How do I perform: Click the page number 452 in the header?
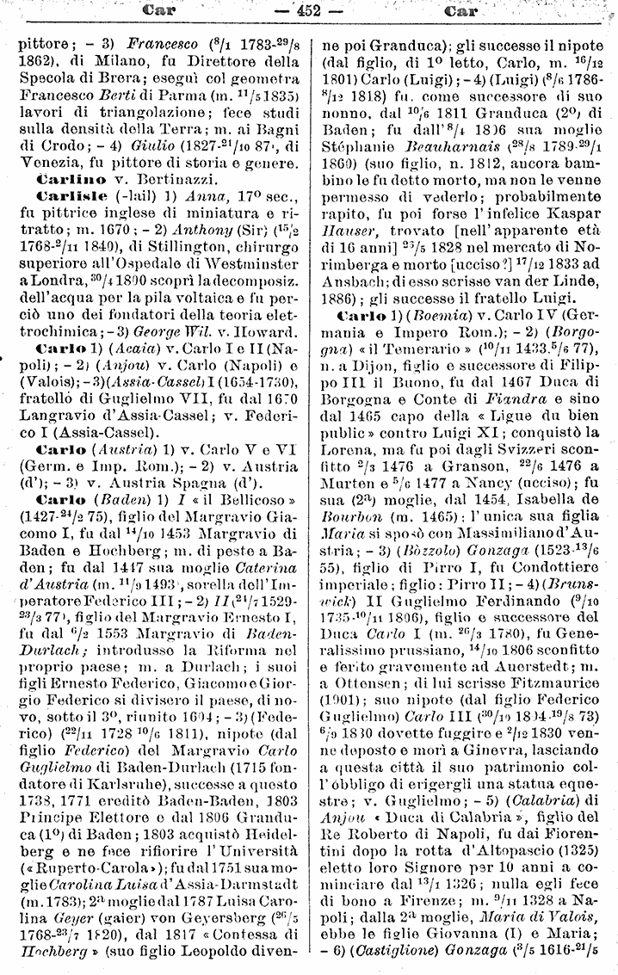tap(308, 11)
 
